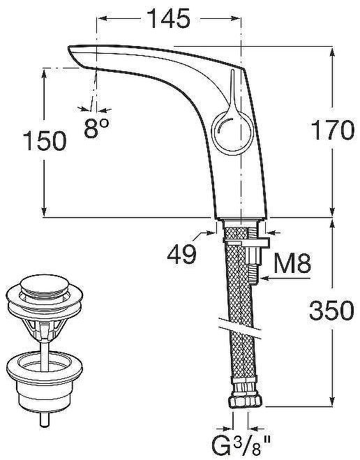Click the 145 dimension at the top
click(x=169, y=18)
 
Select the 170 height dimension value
click(x=333, y=130)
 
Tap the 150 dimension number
click(x=45, y=141)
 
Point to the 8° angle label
click(x=96, y=128)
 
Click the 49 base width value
click(x=181, y=253)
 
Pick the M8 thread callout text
click(x=292, y=263)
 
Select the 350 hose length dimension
click(x=331, y=311)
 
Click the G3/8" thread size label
click(x=241, y=447)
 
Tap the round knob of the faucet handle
click(x=232, y=133)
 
